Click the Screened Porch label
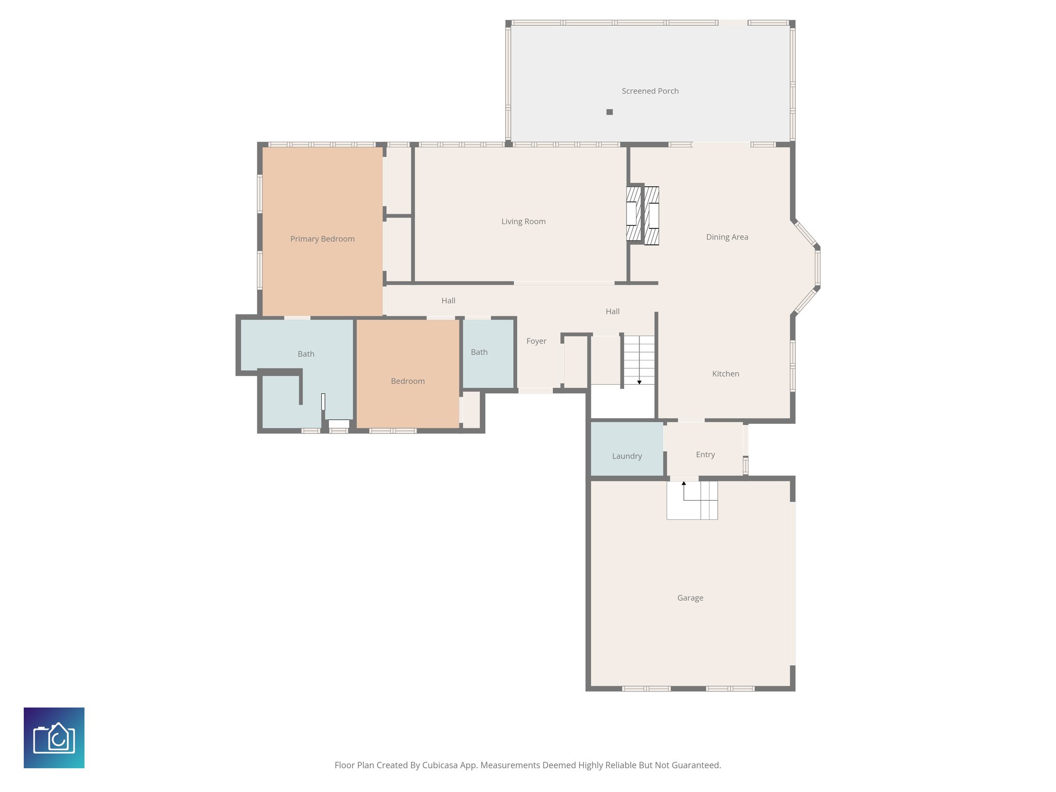coord(650,91)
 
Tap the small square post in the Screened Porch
coord(609,112)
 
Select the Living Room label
coord(523,222)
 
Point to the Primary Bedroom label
coord(322,239)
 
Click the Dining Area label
coord(727,237)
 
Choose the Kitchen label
coord(725,374)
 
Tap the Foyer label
coord(536,341)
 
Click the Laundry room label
coord(627,456)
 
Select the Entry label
coord(705,455)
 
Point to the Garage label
coord(690,598)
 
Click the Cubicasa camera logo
coord(54,738)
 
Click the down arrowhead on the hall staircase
coord(639,382)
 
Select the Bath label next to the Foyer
coord(479,352)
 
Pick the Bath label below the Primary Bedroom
coord(306,354)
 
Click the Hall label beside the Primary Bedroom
coord(448,301)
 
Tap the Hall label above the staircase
coord(613,311)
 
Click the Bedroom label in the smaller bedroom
coord(408,382)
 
